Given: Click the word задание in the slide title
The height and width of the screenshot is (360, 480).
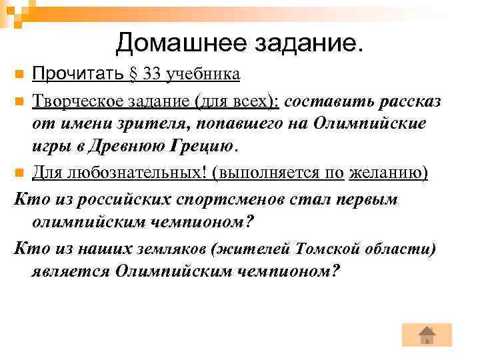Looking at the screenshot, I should point(305,44).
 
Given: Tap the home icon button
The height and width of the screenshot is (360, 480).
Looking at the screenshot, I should point(427,335).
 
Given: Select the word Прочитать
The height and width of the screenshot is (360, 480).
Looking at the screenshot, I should point(78,73).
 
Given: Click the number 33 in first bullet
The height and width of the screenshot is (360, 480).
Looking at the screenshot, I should point(152,73).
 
